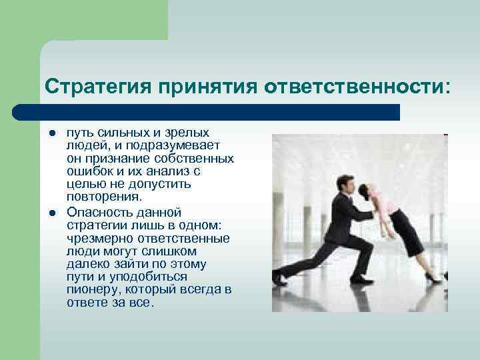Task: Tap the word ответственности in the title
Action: coord(357,87)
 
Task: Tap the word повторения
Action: coord(104,197)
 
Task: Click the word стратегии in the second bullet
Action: coord(93,225)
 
